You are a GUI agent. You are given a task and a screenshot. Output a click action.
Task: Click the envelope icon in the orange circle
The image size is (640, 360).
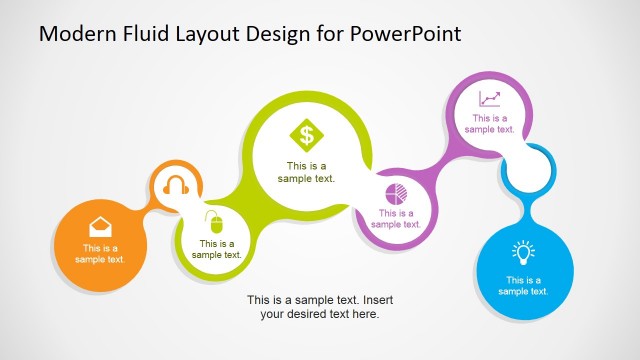pyautogui.click(x=100, y=225)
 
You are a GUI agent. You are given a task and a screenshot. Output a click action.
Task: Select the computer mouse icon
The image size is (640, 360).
pyautogui.click(x=212, y=219)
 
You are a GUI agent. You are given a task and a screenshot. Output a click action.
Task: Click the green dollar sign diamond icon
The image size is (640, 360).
pyautogui.click(x=306, y=134)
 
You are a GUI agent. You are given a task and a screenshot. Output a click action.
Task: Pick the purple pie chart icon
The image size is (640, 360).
pyautogui.click(x=396, y=192)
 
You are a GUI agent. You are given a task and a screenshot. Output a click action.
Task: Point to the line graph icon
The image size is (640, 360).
pyautogui.click(x=489, y=99)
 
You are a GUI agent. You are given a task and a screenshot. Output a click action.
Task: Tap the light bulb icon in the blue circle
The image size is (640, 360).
pyautogui.click(x=524, y=252)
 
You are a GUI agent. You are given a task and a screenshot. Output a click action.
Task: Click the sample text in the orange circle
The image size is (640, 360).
pyautogui.click(x=100, y=254)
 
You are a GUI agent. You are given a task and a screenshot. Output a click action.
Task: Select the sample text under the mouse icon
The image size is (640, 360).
pyautogui.click(x=217, y=249)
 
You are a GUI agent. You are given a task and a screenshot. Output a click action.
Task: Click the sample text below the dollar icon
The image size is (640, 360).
pyautogui.click(x=306, y=173)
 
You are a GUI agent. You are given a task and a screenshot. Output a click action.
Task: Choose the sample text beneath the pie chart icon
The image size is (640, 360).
pyautogui.click(x=396, y=218)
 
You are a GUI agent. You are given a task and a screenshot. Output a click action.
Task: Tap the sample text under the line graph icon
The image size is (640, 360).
pyautogui.click(x=489, y=124)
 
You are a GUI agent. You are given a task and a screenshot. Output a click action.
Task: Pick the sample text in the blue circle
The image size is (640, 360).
pyautogui.click(x=524, y=286)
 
